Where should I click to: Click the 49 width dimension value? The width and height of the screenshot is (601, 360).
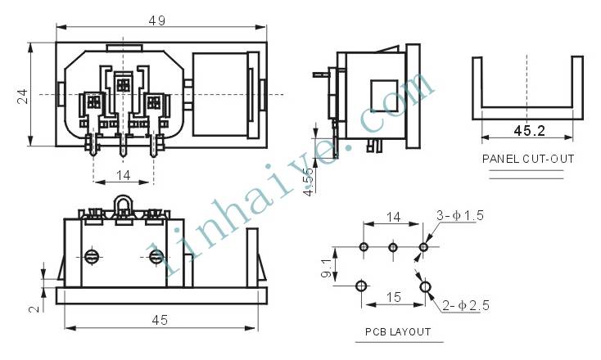(157, 20)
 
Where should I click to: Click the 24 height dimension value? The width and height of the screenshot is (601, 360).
(23, 97)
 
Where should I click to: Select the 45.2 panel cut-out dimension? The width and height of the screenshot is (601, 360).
(529, 131)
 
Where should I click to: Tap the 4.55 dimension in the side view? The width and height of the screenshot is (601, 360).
(309, 182)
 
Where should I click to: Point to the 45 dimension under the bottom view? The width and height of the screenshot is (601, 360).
(160, 320)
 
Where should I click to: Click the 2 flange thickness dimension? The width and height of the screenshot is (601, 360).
(35, 308)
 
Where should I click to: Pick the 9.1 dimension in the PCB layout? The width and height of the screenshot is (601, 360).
(326, 268)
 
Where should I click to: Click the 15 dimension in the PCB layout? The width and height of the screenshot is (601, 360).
(394, 297)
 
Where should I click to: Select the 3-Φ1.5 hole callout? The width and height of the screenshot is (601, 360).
(460, 216)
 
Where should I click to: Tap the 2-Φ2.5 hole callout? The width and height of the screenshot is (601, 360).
(466, 305)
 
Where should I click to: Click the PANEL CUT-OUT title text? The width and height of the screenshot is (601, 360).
(528, 159)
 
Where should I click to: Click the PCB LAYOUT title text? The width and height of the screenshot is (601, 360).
(398, 331)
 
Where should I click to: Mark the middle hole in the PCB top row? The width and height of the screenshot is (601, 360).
(393, 247)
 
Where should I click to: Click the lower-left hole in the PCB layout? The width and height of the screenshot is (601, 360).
(361, 286)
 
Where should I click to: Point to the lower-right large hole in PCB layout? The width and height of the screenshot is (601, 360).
(425, 287)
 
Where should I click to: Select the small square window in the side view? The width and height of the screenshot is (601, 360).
(384, 96)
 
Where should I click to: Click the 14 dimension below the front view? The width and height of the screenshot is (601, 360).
(124, 175)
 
